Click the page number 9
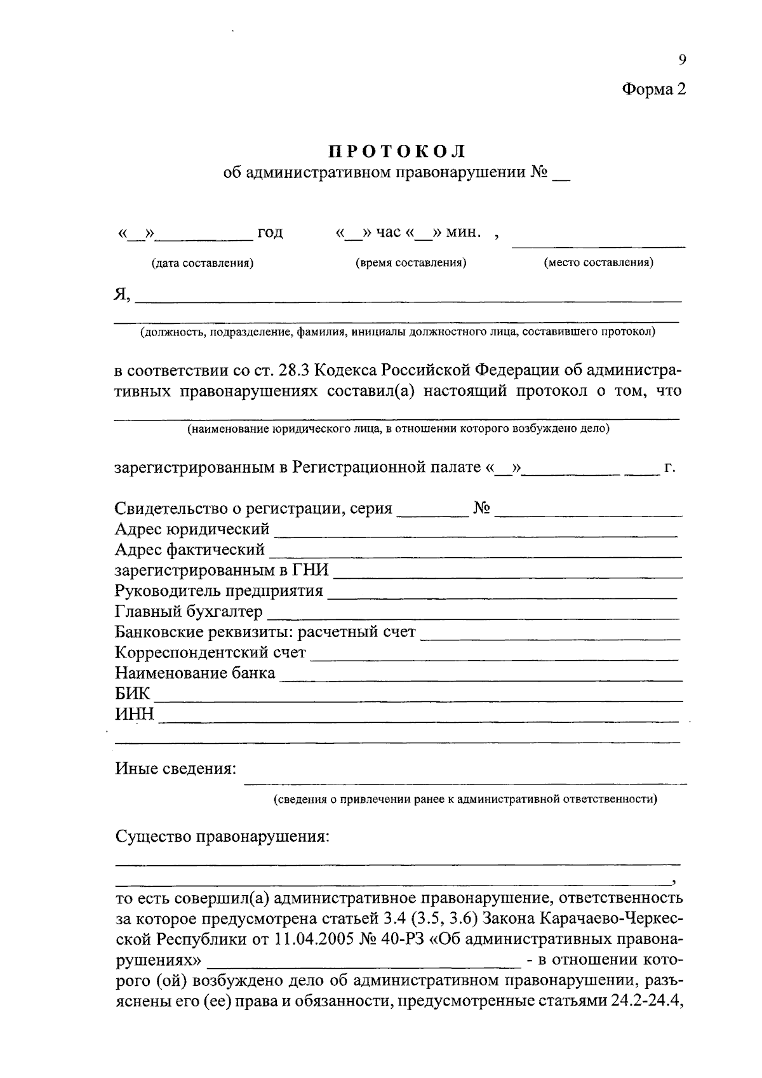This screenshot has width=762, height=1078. [x=682, y=60]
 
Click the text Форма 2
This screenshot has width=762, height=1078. [x=653, y=89]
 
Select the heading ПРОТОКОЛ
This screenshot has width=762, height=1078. [x=398, y=151]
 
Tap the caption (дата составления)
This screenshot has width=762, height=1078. [x=202, y=263]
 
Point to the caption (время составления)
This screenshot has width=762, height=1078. [x=411, y=263]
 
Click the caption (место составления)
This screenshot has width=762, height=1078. [x=599, y=262]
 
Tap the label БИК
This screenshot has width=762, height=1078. [x=132, y=693]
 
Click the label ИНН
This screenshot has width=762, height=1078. [x=134, y=714]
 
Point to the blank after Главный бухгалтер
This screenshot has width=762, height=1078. [x=473, y=616]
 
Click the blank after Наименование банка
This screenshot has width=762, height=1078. [x=481, y=678]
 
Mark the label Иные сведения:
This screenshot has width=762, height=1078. [x=176, y=769]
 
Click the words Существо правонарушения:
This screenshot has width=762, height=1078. [x=222, y=836]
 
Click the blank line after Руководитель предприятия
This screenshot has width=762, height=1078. [x=502, y=596]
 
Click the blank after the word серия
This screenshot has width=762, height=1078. [x=432, y=514]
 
